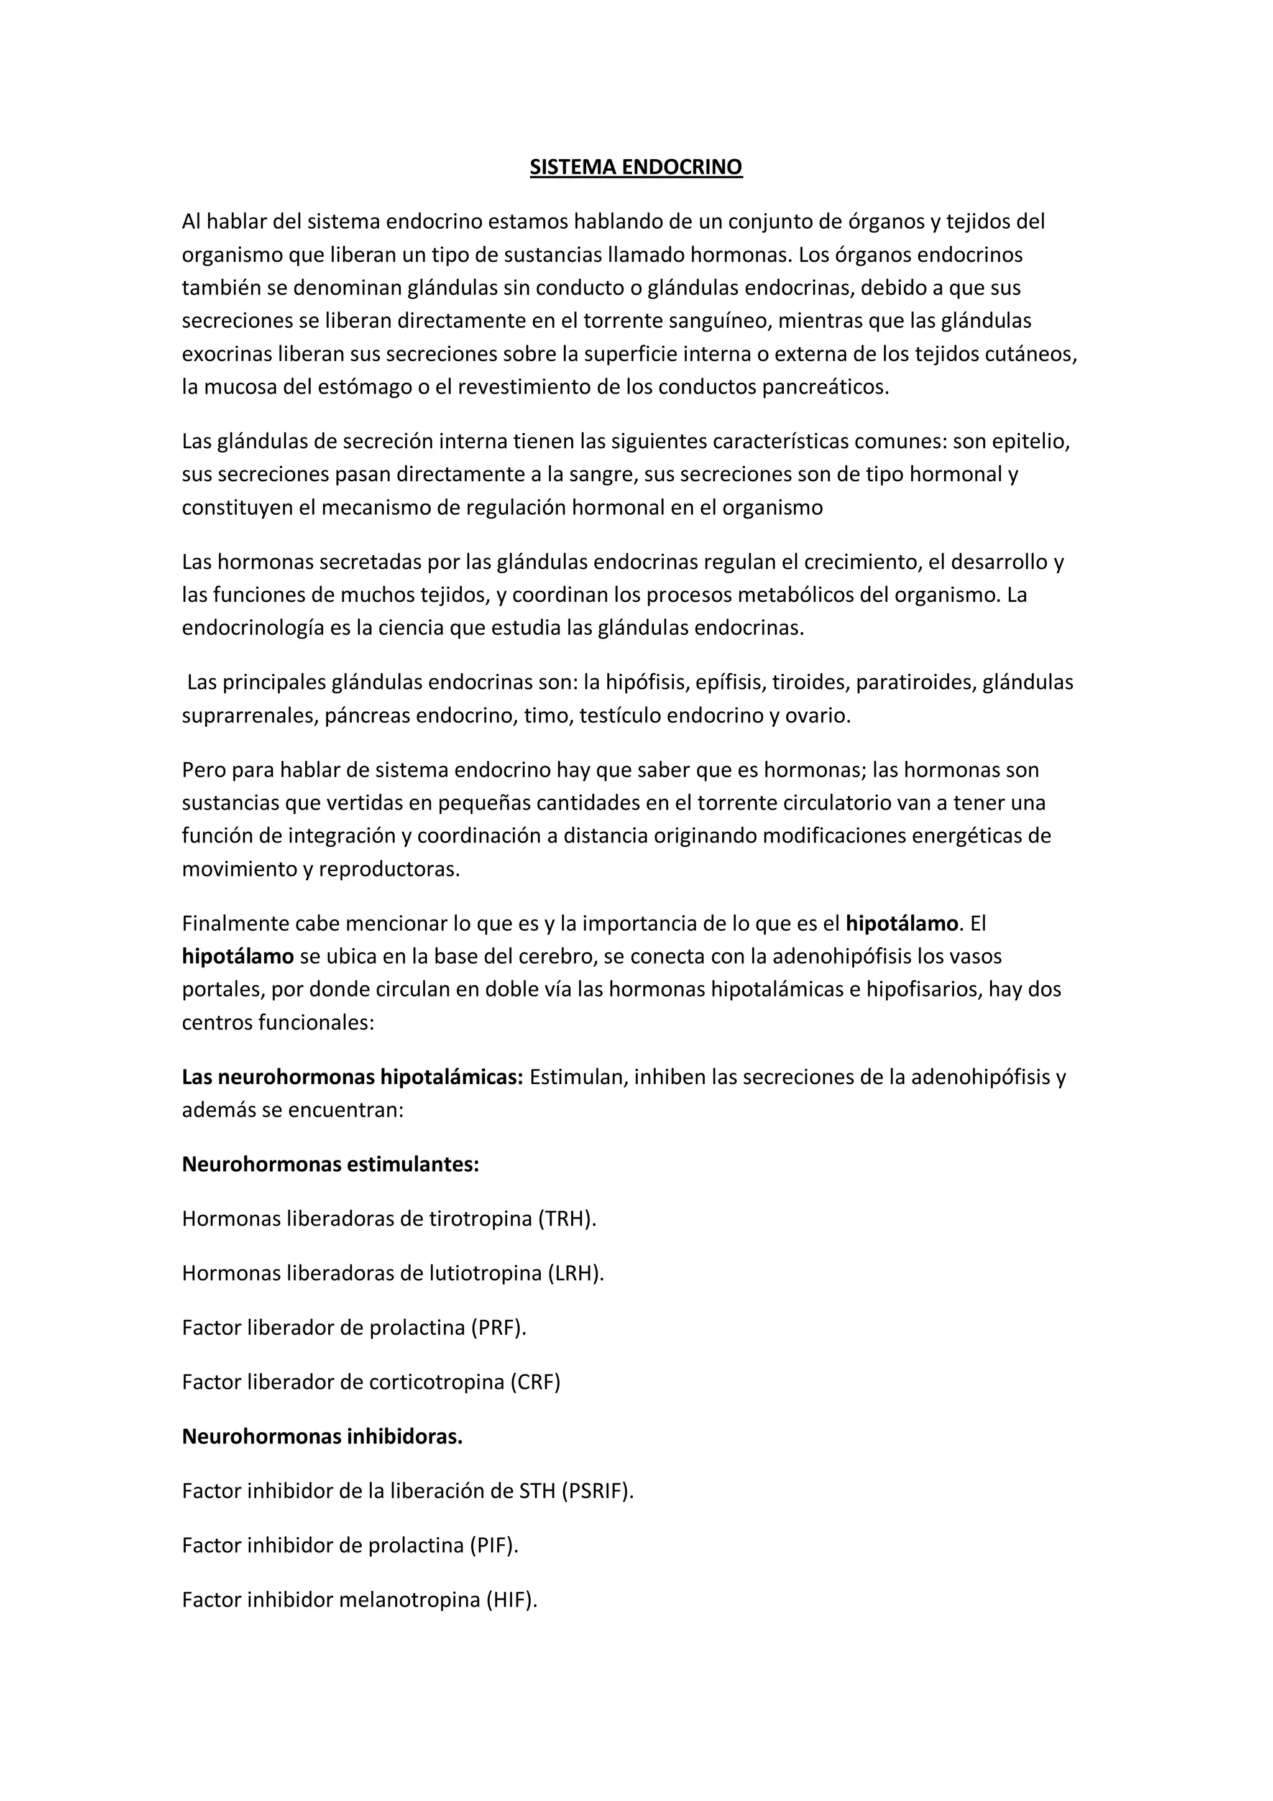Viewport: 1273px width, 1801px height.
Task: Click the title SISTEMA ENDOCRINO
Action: coord(635,167)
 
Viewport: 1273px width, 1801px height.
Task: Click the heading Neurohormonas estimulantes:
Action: coord(330,1164)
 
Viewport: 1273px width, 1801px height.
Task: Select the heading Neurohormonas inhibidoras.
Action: coord(323,1436)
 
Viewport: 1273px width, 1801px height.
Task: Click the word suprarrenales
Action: coord(247,716)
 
